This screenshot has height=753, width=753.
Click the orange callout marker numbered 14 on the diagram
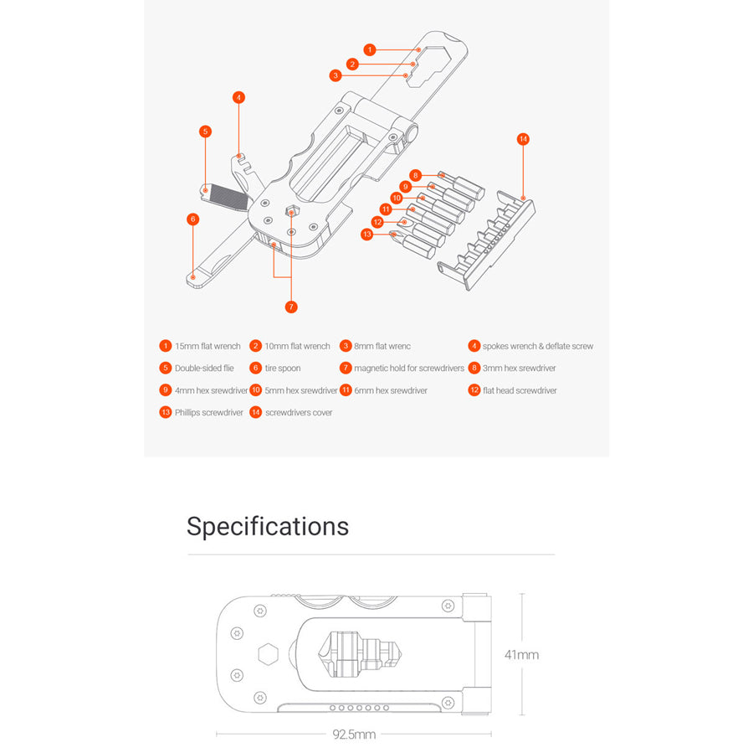tap(523, 139)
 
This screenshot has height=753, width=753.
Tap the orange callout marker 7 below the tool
tap(291, 307)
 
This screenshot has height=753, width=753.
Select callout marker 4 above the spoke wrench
tap(238, 97)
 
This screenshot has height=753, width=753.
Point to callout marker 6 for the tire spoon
tap(193, 219)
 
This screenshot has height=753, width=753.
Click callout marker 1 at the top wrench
tap(370, 50)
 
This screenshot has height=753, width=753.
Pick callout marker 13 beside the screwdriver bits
tap(366, 235)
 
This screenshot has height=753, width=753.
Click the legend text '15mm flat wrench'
tap(207, 346)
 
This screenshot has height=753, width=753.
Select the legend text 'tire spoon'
tap(283, 368)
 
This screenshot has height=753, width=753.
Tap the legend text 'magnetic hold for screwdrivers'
tap(408, 368)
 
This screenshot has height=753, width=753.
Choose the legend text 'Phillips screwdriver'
tap(209, 412)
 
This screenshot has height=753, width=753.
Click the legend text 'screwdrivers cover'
tap(299, 412)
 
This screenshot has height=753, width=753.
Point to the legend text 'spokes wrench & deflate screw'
tap(538, 346)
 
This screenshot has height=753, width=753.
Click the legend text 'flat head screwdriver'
tap(520, 390)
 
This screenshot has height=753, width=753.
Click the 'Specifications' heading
tap(268, 526)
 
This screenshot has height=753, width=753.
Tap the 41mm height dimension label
tap(522, 654)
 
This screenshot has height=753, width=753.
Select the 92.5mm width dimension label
tap(354, 735)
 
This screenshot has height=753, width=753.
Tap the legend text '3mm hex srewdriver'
tap(519, 368)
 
